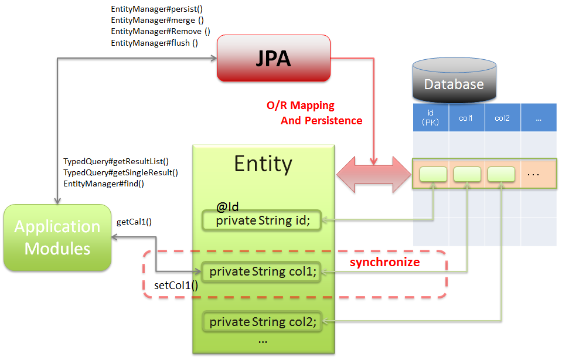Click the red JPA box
click(273, 58)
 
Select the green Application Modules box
click(57, 237)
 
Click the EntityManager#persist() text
click(156, 9)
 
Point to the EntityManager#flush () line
click(154, 43)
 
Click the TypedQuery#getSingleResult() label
click(120, 172)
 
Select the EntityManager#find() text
click(104, 184)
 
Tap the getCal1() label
click(134, 222)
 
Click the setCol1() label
click(176, 286)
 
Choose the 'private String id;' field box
click(262, 220)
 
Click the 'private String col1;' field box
click(262, 271)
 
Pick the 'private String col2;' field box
click(262, 321)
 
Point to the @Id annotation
click(227, 206)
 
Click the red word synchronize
click(384, 262)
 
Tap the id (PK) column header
click(431, 118)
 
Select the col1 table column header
click(466, 118)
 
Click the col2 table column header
click(502, 118)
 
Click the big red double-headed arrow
click(373, 174)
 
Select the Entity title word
click(263, 164)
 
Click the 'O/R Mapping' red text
click(301, 106)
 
